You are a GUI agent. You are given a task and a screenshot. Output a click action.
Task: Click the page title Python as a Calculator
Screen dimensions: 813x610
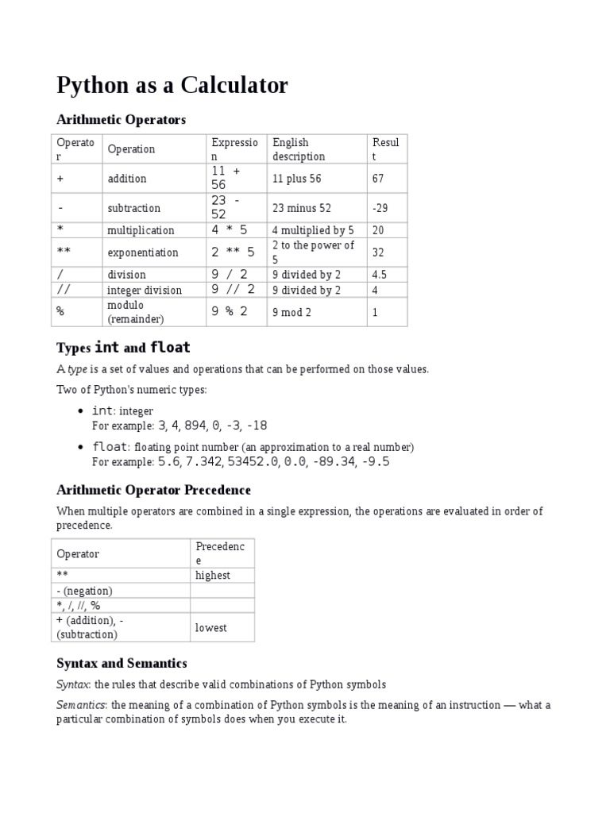click(172, 85)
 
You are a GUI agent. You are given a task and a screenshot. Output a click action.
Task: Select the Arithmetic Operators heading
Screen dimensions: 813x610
click(121, 120)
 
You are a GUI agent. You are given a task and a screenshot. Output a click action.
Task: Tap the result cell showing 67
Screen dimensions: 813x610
click(378, 179)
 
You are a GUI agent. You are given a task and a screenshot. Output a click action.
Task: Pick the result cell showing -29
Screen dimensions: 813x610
click(380, 208)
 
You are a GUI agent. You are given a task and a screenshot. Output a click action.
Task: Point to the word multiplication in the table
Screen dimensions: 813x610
click(141, 230)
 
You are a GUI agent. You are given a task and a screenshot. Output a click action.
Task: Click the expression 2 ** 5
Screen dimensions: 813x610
click(233, 252)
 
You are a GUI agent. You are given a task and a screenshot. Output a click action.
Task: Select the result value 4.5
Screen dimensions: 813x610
click(380, 275)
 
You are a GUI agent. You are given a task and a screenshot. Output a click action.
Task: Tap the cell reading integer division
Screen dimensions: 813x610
click(145, 291)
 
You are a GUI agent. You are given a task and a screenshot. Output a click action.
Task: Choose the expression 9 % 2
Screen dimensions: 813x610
click(230, 312)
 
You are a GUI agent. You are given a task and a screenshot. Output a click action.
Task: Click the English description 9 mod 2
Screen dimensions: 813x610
click(291, 313)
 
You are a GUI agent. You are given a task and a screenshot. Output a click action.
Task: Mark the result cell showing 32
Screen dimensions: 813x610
click(378, 252)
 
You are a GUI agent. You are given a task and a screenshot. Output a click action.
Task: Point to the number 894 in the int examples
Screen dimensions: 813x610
click(193, 426)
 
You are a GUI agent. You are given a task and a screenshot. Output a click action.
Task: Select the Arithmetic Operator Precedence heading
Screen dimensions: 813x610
click(153, 490)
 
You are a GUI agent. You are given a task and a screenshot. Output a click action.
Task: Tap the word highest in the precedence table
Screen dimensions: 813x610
click(213, 576)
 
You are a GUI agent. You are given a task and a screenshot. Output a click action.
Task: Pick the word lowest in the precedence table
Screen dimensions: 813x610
click(211, 627)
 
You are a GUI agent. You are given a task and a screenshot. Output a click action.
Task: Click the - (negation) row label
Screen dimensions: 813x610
click(85, 591)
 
